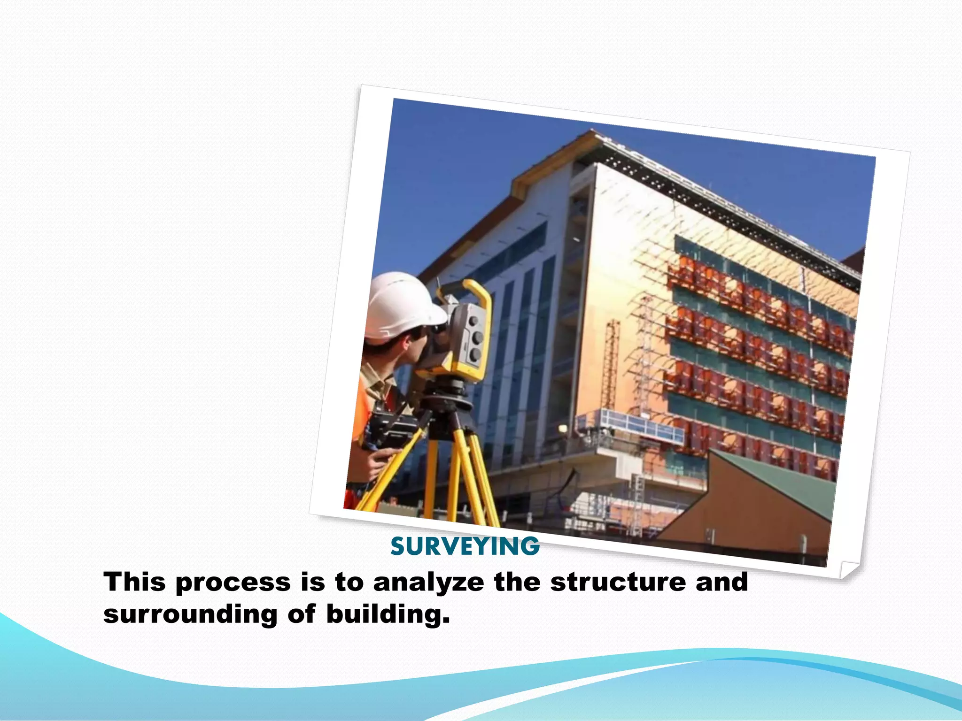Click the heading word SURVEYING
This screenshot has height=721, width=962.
465,546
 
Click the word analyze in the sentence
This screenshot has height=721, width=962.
428,582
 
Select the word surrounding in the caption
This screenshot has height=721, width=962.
190,614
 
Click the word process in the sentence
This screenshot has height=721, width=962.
233,583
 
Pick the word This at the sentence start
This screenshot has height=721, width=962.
135,582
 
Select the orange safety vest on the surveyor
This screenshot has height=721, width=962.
362,413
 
